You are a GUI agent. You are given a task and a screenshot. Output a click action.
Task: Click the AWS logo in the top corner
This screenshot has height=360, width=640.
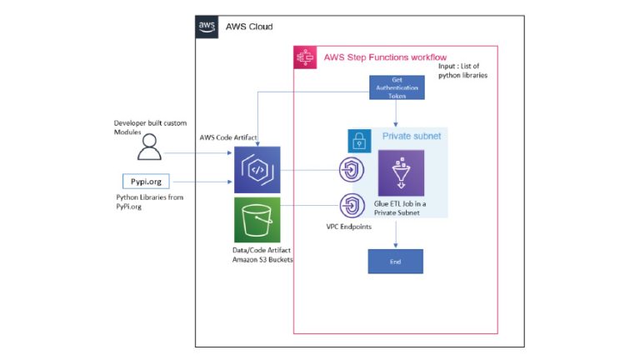tap(207, 27)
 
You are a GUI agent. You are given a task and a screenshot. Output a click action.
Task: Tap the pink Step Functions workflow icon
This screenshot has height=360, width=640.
tap(305, 57)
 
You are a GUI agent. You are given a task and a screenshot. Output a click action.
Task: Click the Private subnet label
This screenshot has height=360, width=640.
tap(411, 136)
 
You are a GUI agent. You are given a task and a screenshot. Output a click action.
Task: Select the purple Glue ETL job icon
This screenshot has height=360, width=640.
tap(401, 172)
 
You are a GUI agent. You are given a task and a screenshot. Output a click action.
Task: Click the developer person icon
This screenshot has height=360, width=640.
tap(150, 147)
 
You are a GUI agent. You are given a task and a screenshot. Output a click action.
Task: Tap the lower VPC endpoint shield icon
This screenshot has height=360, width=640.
tap(351, 205)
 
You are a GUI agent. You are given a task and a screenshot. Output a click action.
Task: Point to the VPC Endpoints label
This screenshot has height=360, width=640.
tap(350, 227)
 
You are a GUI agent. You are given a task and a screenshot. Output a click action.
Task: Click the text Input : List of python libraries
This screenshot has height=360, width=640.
tap(462, 71)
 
